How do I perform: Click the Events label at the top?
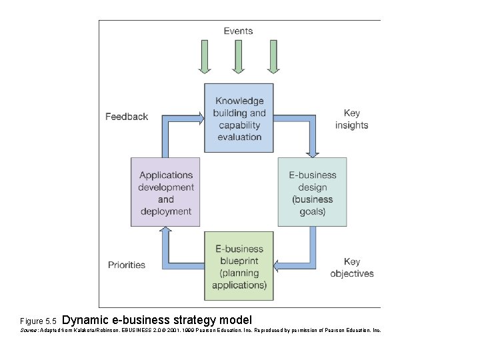238,31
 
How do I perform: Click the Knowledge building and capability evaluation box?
239,119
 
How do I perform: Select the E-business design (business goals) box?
312,193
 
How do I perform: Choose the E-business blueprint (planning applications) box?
239,267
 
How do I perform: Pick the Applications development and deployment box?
165,193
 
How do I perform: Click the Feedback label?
127,117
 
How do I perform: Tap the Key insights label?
351,119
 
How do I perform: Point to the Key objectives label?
351,267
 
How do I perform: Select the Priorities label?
127,265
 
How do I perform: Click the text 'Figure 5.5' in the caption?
39,321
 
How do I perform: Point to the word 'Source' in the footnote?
29,330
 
